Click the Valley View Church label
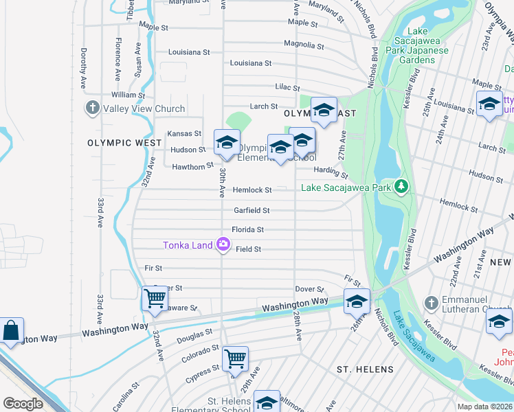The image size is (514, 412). [x=144, y=108]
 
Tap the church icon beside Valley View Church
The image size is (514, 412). [x=92, y=108]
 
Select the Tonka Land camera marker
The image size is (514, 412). [x=223, y=244]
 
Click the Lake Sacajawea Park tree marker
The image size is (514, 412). [x=402, y=187]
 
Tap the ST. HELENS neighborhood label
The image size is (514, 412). [x=365, y=369]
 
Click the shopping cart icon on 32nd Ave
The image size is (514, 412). [x=155, y=299]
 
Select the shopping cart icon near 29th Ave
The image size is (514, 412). [x=236, y=358]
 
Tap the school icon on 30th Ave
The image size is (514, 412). [x=227, y=142]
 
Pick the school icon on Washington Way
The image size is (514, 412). [x=357, y=301]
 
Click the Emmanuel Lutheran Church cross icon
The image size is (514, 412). [x=430, y=303]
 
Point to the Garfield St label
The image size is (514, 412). [x=252, y=210]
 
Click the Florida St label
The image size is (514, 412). [x=248, y=229]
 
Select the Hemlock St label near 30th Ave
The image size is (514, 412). [x=252, y=190]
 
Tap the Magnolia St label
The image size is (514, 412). [x=304, y=45]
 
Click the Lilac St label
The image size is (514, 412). [x=288, y=88]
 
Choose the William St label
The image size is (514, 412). [x=128, y=95]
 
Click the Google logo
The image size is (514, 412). [x=23, y=404]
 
